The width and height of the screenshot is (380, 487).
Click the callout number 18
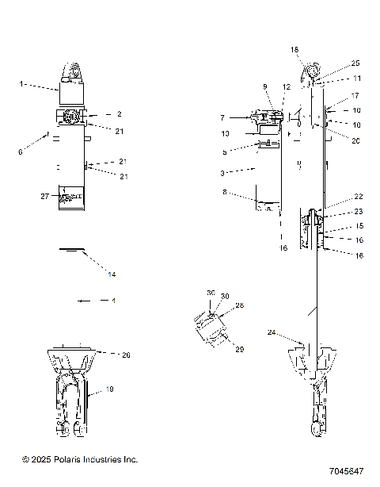coord(294,49)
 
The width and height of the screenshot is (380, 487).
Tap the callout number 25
coord(355,63)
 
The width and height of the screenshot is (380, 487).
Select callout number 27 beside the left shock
coord(44,195)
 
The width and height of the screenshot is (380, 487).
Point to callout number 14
coord(112,274)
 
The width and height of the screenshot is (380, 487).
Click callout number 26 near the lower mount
coord(125,355)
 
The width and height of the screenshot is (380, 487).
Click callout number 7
coord(222,117)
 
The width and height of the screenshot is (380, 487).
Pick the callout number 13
coord(226,133)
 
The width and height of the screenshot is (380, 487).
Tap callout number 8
coord(226,191)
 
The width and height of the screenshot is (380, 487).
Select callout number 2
coord(119,114)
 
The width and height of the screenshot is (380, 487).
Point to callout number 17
coord(355,95)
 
